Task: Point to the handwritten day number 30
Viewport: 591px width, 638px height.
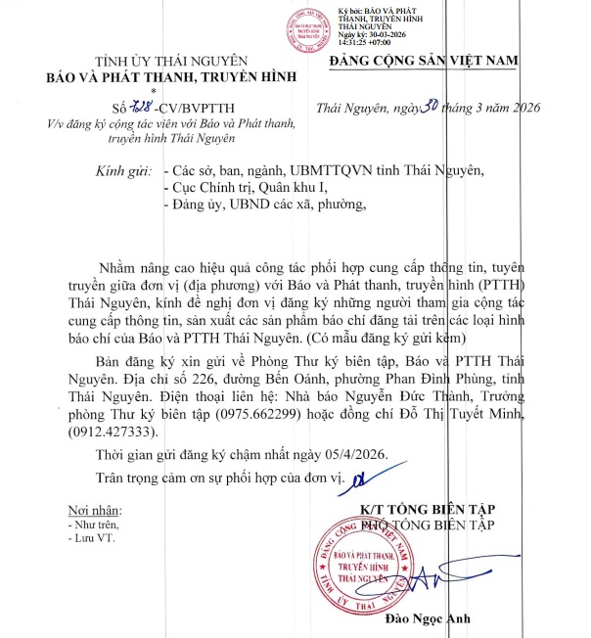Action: click(426, 107)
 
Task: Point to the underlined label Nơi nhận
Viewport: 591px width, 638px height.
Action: click(92, 512)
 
